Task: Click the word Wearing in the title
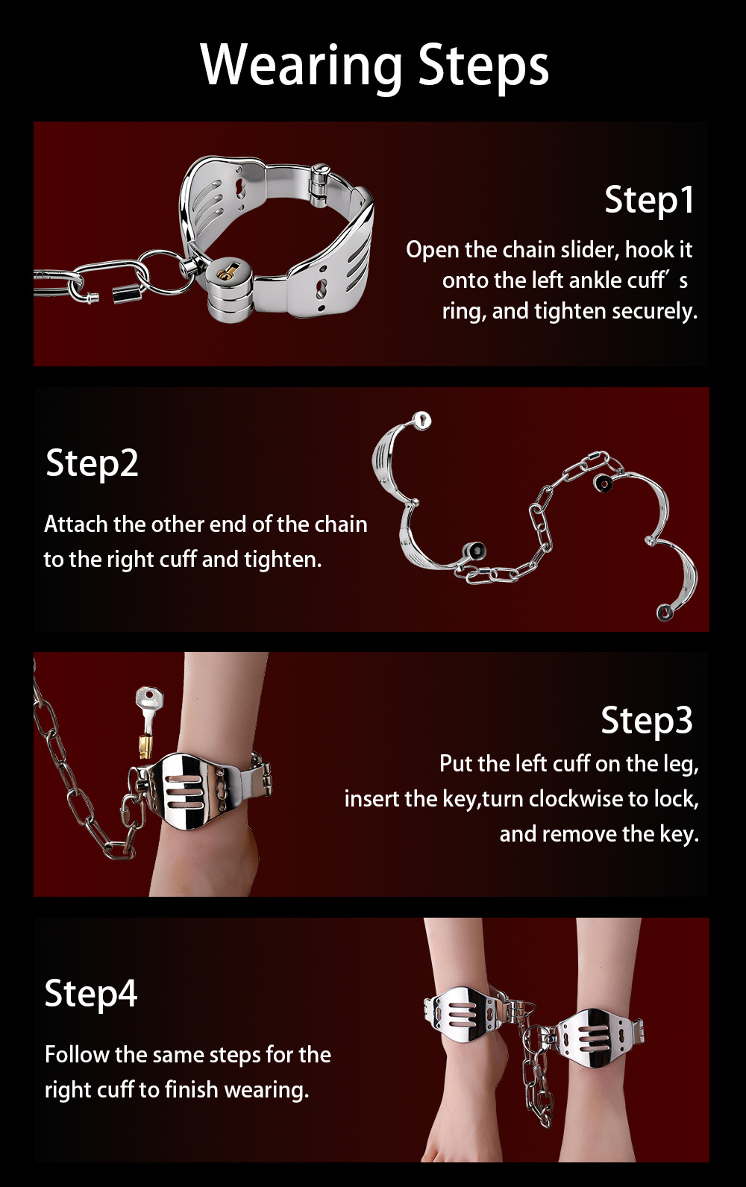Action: point(301,66)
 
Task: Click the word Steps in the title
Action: point(483,66)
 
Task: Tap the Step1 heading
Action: point(649,201)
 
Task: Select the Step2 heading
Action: point(93,463)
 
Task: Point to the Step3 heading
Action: point(646,720)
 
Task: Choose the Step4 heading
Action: point(91,994)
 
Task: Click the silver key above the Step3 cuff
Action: point(148,721)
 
